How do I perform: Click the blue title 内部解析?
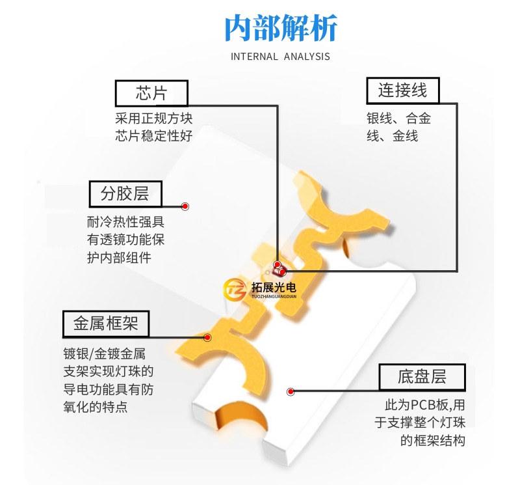pyautogui.click(x=281, y=28)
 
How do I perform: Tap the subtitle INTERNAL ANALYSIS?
pyautogui.click(x=280, y=57)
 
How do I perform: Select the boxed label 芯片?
pyautogui.click(x=151, y=93)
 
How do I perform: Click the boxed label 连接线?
pyautogui.click(x=403, y=90)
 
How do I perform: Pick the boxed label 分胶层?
pyautogui.click(x=125, y=193)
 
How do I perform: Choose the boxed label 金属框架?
pyautogui.click(x=106, y=324)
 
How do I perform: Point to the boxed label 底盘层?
pyautogui.click(x=422, y=377)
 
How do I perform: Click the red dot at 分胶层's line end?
pyautogui.click(x=185, y=206)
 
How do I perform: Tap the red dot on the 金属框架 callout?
pyautogui.click(x=207, y=337)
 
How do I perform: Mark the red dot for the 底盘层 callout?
pyautogui.click(x=291, y=392)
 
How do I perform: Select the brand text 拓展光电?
pyautogui.click(x=274, y=287)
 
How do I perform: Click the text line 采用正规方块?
pyautogui.click(x=154, y=118)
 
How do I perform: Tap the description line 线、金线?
pyautogui.click(x=393, y=136)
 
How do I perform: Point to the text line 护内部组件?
pyautogui.click(x=119, y=257)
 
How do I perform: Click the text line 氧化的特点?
pyautogui.click(x=96, y=407)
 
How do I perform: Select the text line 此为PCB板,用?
pyautogui.click(x=425, y=405)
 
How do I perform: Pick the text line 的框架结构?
pyautogui.click(x=433, y=441)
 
